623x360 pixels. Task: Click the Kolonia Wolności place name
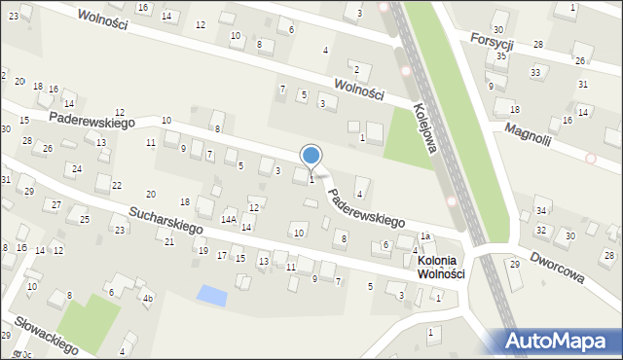tap(441, 268)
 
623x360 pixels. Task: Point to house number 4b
tap(147, 298)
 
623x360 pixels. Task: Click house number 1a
tap(425, 236)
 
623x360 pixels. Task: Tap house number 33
tap(535, 73)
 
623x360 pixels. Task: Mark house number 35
tap(501, 56)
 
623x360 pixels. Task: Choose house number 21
tap(169, 241)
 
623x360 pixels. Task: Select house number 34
tap(541, 211)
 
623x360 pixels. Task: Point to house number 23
tap(120, 230)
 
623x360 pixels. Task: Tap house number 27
tap(56, 204)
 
